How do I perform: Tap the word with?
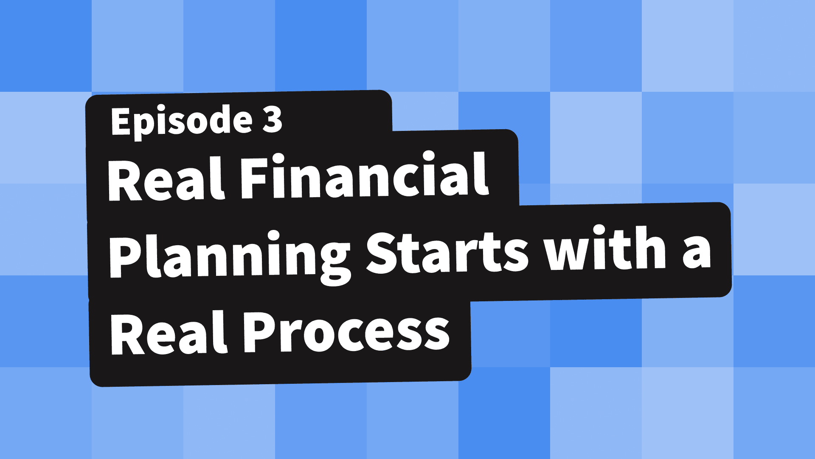606,249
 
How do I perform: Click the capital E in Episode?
120,121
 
